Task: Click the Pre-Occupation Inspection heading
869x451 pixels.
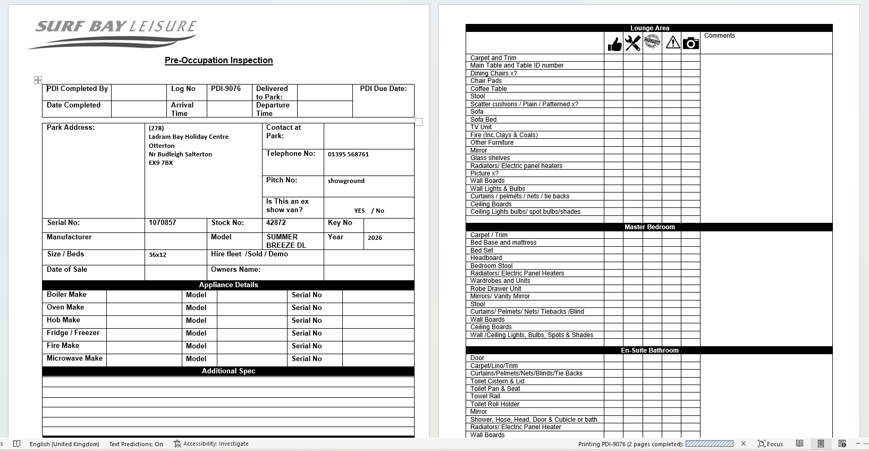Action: (x=218, y=61)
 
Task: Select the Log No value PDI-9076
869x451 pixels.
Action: (x=226, y=89)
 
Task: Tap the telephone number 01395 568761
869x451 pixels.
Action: (x=348, y=154)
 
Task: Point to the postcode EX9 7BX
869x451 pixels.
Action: (x=161, y=163)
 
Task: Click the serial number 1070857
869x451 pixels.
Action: (x=163, y=223)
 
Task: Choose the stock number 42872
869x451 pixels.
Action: (x=276, y=223)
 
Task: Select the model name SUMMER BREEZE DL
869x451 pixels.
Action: (x=286, y=241)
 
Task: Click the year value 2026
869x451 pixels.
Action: (x=375, y=238)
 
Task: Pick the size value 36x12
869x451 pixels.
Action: (x=157, y=255)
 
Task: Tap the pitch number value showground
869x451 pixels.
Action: (x=346, y=181)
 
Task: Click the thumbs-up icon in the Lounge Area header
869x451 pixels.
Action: (x=614, y=44)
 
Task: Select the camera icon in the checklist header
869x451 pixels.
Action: (x=690, y=43)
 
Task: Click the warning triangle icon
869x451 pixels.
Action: (x=672, y=43)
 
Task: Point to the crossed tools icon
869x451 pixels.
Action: (x=632, y=43)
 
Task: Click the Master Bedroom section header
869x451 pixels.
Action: (x=649, y=227)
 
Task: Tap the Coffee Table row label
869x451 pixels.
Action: (x=488, y=89)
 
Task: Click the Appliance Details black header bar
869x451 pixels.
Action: (x=229, y=285)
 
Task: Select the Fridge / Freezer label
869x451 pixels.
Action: (x=73, y=333)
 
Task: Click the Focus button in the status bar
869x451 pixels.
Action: (x=770, y=444)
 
